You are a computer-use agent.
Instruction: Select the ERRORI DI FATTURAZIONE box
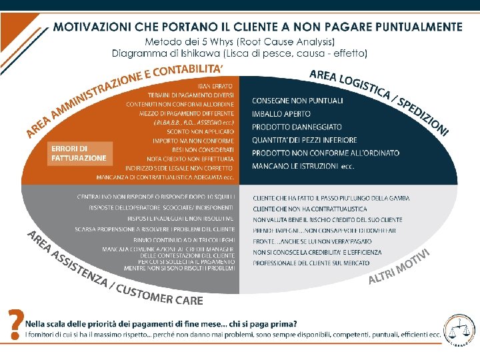(79, 153)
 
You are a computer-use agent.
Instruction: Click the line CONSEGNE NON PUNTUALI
(297, 101)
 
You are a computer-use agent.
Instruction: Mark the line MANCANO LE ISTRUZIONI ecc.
(303, 166)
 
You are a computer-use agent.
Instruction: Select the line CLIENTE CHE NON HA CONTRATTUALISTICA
(310, 209)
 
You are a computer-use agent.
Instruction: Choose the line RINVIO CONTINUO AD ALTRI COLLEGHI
(183, 239)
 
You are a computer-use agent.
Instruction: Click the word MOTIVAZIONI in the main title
(94, 27)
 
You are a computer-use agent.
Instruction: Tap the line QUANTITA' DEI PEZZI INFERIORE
(305, 140)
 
